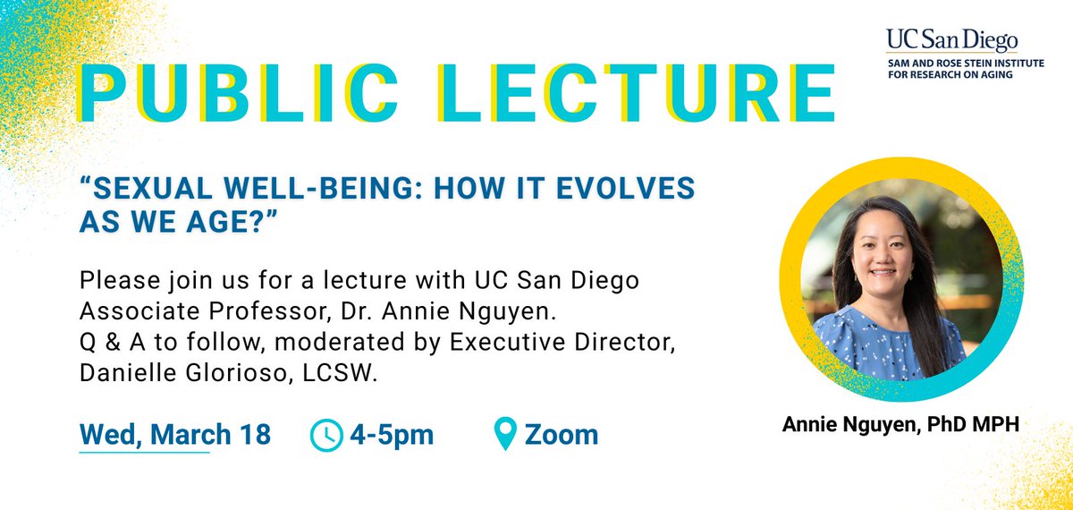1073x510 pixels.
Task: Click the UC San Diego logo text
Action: [952, 38]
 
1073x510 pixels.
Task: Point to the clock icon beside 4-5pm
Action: [325, 435]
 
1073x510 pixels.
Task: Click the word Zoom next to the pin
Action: [562, 435]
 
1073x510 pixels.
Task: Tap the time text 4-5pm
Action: [392, 435]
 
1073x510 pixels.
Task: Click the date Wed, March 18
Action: [175, 435]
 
